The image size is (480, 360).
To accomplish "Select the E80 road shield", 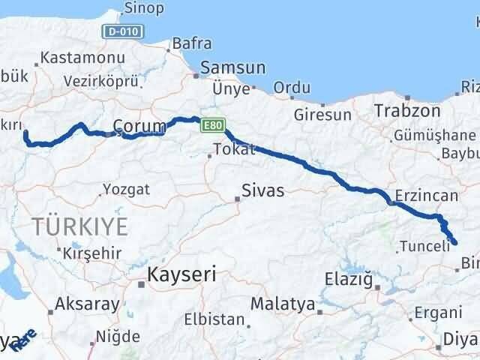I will click(211, 126).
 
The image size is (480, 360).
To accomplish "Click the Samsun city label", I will click(232, 67).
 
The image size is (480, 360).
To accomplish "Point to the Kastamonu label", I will click(73, 57).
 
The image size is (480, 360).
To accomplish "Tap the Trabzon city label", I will click(408, 110).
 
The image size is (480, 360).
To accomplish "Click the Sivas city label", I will click(262, 190).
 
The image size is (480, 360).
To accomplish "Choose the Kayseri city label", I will click(182, 274).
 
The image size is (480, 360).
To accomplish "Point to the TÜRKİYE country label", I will click(79, 224).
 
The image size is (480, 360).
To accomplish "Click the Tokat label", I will click(233, 150).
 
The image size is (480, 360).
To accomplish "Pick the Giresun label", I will click(322, 115).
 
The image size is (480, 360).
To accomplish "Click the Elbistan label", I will click(214, 319).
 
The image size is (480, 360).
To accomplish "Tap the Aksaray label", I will click(87, 304).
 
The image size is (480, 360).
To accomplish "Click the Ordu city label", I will click(292, 88).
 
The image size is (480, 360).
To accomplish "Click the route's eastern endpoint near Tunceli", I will click(454, 241).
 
